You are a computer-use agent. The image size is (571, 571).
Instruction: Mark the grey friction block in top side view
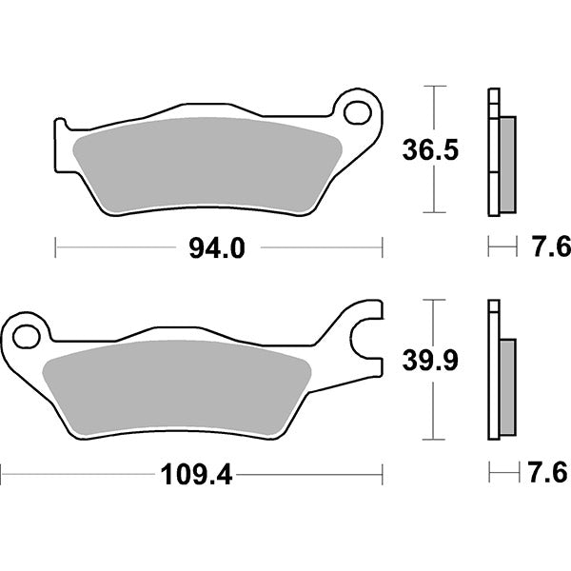coord(506,163)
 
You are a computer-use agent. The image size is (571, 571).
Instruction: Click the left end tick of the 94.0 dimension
coord(56,248)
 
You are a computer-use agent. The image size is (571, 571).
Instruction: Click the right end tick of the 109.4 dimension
coord(382,473)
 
